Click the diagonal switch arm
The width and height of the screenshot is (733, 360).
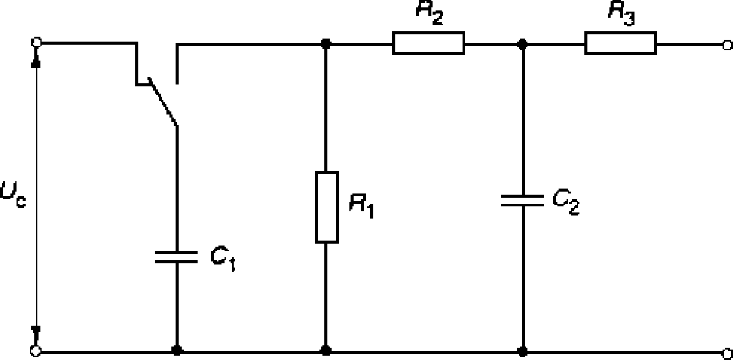[162, 102]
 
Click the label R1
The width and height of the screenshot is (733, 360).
[362, 206]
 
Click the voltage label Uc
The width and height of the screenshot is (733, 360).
[13, 195]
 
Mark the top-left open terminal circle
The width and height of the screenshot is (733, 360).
[36, 42]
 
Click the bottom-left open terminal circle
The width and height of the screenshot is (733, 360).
[35, 351]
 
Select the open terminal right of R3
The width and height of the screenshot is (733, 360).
[727, 45]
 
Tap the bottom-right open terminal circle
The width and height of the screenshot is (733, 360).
[727, 351]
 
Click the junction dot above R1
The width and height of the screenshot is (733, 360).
[326, 45]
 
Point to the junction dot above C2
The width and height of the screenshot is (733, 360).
[523, 45]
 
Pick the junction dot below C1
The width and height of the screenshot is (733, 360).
[177, 351]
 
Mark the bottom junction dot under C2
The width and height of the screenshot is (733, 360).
[523, 351]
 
